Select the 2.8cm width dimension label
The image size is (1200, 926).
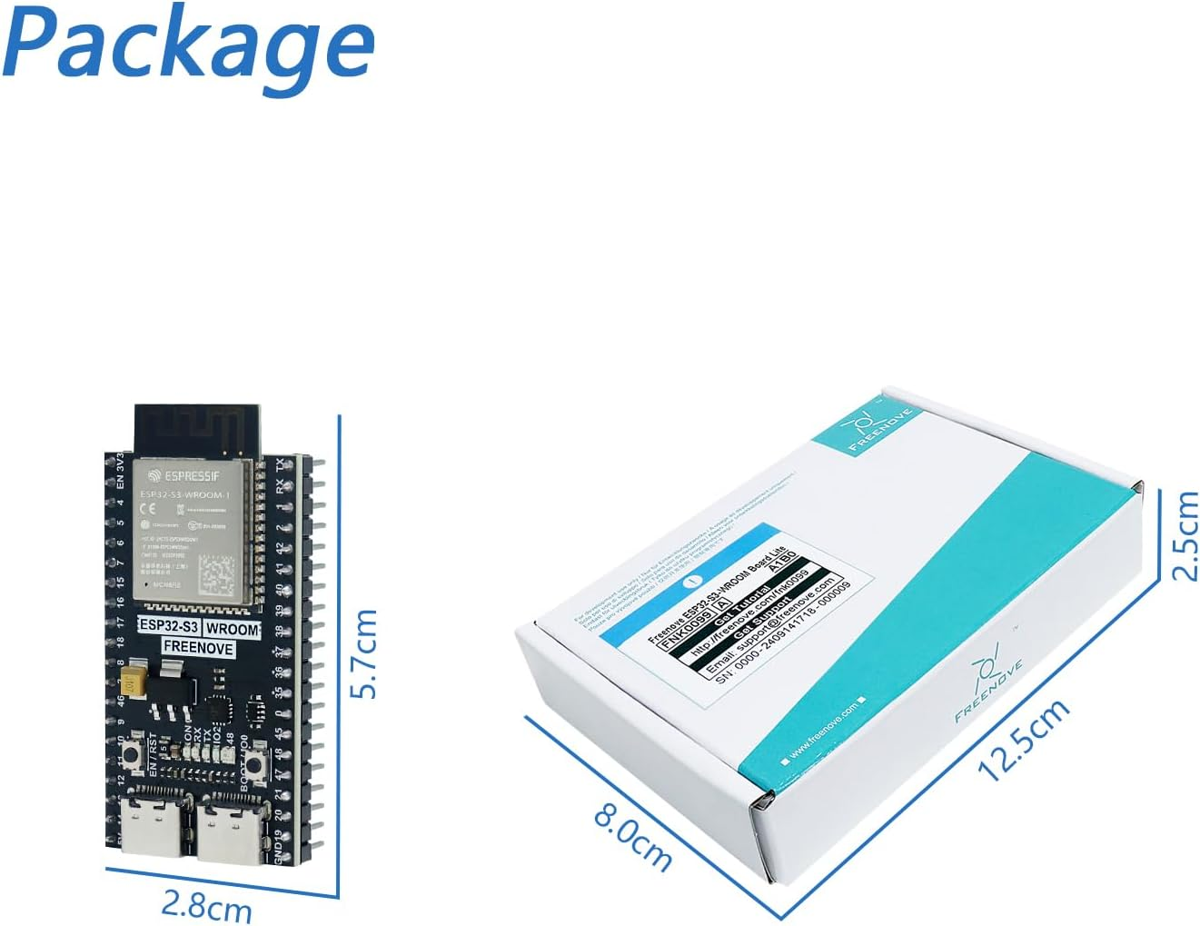coord(206,905)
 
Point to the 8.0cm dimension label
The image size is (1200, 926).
coord(633,835)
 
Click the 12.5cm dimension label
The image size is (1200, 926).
coord(1023,739)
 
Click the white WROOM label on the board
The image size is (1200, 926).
coord(232,628)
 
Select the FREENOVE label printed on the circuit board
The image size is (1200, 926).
coord(198,648)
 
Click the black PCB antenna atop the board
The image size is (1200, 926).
coord(197,428)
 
